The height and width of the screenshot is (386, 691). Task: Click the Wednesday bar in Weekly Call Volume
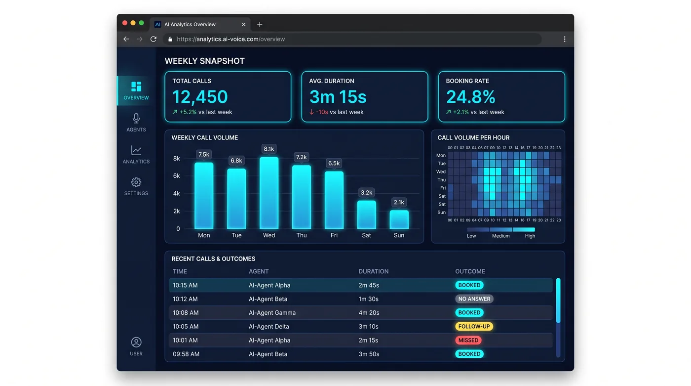pos(269,193)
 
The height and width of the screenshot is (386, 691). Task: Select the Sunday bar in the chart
pos(399,219)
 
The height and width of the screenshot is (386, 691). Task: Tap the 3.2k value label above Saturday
pos(366,192)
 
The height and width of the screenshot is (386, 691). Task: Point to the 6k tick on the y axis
pos(177,176)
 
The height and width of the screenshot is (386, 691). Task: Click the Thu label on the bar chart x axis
pos(302,235)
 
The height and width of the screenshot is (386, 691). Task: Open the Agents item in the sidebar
pos(136,123)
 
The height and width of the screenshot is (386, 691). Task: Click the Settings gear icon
pos(136,182)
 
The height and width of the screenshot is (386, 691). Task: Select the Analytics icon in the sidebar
pos(136,150)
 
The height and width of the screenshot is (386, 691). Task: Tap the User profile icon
pos(136,342)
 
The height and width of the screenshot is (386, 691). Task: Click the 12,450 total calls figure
pos(200,97)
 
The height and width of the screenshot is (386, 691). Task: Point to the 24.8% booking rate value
pos(470,97)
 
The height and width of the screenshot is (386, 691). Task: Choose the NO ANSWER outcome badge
pos(474,299)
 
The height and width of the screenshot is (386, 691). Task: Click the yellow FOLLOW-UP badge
pos(474,326)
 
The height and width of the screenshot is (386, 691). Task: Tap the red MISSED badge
pos(468,341)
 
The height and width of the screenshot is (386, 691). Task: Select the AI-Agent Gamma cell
pos(272,313)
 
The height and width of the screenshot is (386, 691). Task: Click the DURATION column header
pos(373,271)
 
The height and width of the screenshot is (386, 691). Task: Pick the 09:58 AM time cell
pos(186,354)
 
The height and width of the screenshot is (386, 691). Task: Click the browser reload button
pos(154,39)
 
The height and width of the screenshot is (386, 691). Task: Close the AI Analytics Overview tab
pos(244,24)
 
